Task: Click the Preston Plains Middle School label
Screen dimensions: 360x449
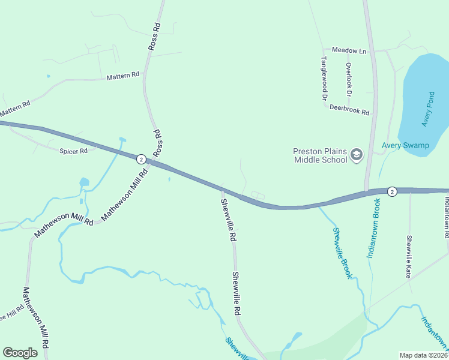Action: point(321,155)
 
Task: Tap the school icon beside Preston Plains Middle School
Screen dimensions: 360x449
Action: point(357,155)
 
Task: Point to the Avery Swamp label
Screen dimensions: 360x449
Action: point(405,145)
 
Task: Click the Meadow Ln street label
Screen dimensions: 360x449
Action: point(349,51)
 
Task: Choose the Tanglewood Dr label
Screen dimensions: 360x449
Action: point(324,78)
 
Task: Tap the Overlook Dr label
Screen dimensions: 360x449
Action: point(348,79)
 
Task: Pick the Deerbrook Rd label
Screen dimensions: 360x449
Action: point(349,109)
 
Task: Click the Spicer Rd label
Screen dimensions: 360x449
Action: point(73,151)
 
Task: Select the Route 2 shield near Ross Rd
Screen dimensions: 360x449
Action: point(140,159)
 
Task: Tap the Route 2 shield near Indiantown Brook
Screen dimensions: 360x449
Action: point(391,191)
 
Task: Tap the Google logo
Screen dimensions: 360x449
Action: point(20,352)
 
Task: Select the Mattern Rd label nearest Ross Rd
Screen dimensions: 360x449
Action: point(122,76)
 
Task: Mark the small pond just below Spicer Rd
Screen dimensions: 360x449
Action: point(83,181)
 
